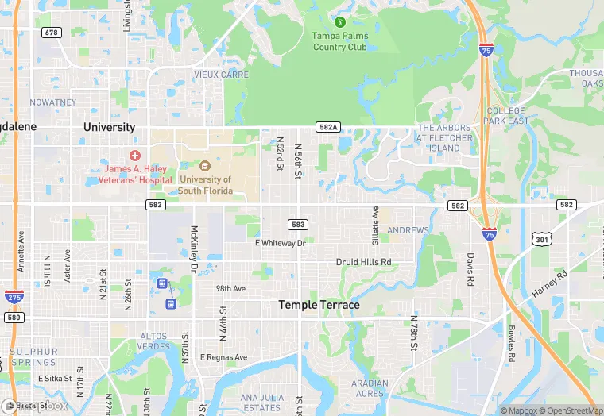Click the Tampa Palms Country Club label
(340, 41)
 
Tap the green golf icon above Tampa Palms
(340, 21)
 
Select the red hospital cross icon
(135, 155)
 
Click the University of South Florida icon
(204, 166)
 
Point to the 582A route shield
(327, 127)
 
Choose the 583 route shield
(298, 225)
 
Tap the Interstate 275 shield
(14, 296)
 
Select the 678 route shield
(52, 33)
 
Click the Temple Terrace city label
(319, 305)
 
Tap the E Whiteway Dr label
(280, 243)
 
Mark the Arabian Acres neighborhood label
(369, 388)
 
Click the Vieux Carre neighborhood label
(221, 75)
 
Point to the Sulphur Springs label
(33, 356)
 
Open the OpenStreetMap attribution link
(569, 410)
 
